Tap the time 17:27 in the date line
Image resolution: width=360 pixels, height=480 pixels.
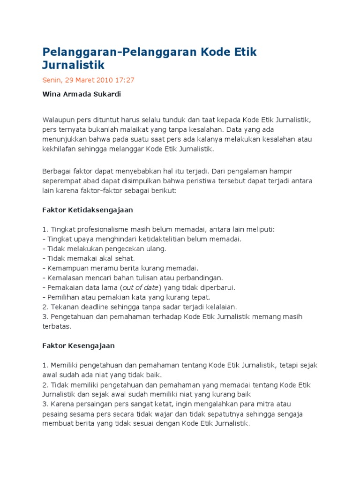(125, 80)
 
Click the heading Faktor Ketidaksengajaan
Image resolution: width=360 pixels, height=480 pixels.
(88, 210)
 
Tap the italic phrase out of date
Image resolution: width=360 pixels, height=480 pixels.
(141, 287)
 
